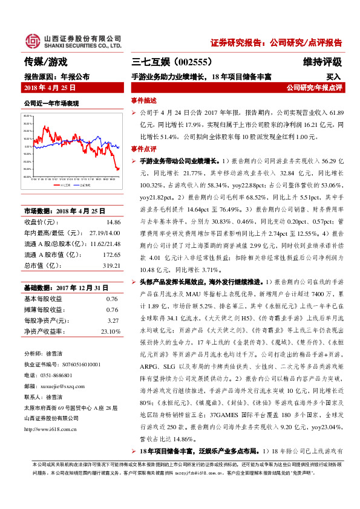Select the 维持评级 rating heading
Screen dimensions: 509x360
pyautogui.click(x=322, y=62)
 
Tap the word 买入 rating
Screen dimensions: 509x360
pyautogui.click(x=334, y=77)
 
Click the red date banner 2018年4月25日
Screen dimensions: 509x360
pyautogui.click(x=50, y=88)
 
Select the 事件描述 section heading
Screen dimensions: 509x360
pyautogui.click(x=143, y=100)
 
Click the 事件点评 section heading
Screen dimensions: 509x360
pyautogui.click(x=143, y=149)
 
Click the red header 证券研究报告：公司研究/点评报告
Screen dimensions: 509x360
pyautogui.click(x=277, y=43)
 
